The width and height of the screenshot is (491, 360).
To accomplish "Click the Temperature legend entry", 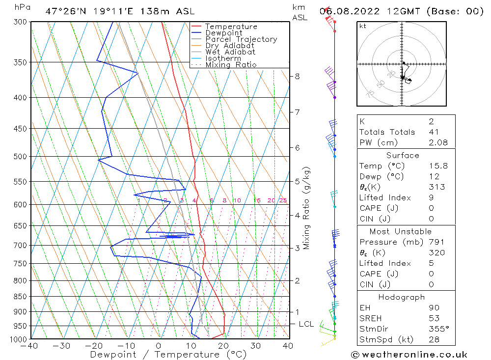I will [231, 27].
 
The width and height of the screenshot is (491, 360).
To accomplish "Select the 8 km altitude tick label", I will [297, 76].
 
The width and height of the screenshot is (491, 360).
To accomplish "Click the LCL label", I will [306, 324].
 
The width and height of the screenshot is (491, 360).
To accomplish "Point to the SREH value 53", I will [433, 318].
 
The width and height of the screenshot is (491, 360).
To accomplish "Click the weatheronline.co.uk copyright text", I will [409, 354].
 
